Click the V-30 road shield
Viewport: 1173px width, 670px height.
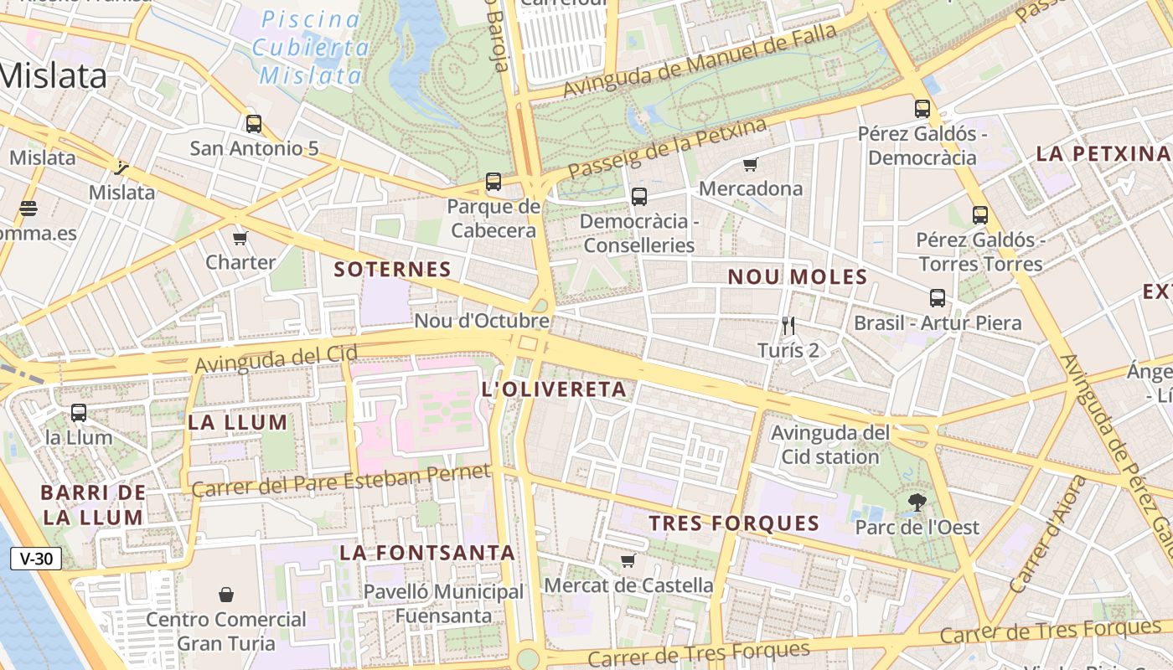tap(36, 559)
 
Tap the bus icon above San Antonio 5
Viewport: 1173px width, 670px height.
tap(254, 124)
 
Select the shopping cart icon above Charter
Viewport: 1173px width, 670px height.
tap(240, 238)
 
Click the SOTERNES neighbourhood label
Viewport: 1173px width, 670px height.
tap(392, 270)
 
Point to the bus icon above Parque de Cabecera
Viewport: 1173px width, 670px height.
tap(493, 182)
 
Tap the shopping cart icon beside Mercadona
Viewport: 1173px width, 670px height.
tap(750, 164)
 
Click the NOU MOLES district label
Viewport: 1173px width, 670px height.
tap(797, 277)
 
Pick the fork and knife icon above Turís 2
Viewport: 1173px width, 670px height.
tap(788, 325)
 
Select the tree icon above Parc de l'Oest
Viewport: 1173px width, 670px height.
tap(917, 502)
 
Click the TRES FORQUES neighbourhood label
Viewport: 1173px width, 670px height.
tap(734, 524)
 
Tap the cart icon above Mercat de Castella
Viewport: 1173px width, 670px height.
tap(628, 560)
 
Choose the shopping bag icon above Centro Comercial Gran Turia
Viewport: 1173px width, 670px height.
tap(226, 595)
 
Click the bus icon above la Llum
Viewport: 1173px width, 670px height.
tap(79, 412)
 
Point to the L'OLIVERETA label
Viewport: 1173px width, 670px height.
tap(554, 389)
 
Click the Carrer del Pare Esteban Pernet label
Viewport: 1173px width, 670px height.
tap(340, 479)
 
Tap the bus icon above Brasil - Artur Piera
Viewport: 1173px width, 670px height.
tap(937, 298)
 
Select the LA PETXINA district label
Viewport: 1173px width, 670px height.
tap(1102, 154)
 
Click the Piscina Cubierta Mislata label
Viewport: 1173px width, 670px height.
tap(311, 47)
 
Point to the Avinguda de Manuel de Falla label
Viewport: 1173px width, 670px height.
tap(700, 61)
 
